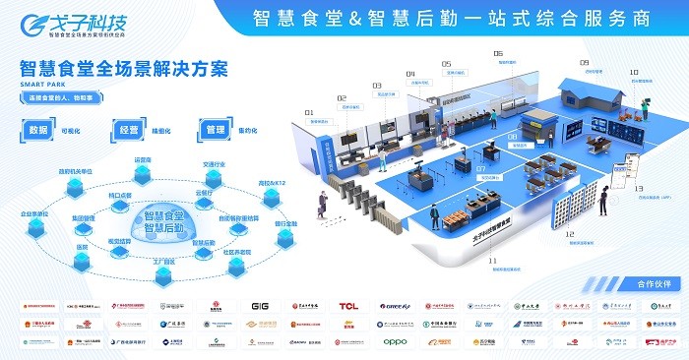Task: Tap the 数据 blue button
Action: point(38,129)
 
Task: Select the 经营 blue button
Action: point(127,129)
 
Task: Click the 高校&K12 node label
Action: point(272,184)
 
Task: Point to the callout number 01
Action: point(308,113)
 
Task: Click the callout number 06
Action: point(498,53)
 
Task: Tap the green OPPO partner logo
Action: point(395,341)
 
